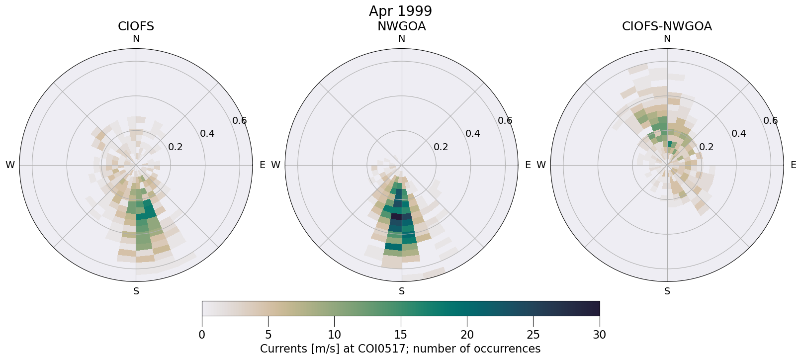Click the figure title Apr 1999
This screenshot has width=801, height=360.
point(400,11)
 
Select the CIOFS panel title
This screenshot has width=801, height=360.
point(136,26)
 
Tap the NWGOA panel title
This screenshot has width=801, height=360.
point(401,26)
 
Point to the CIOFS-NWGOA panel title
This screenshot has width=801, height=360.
point(667,26)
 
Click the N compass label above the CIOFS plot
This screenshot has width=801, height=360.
point(136,39)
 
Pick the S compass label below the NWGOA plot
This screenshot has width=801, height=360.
point(402,291)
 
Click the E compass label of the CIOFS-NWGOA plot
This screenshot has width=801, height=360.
point(793,165)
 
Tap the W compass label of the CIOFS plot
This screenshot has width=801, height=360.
point(10,165)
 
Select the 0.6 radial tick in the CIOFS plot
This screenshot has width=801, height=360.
point(239,120)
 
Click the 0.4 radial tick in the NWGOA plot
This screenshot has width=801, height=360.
point(472,133)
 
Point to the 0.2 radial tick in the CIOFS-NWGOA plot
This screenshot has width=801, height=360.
point(706,147)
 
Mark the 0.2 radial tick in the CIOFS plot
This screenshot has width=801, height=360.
point(175,147)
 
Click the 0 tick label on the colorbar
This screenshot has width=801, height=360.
point(202,335)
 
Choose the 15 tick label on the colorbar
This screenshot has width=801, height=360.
point(401,335)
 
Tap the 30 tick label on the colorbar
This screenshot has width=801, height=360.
point(599,335)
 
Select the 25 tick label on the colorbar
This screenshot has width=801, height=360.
point(533,335)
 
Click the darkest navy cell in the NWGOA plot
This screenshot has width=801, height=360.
point(396,216)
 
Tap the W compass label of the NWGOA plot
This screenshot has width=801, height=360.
point(275,165)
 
